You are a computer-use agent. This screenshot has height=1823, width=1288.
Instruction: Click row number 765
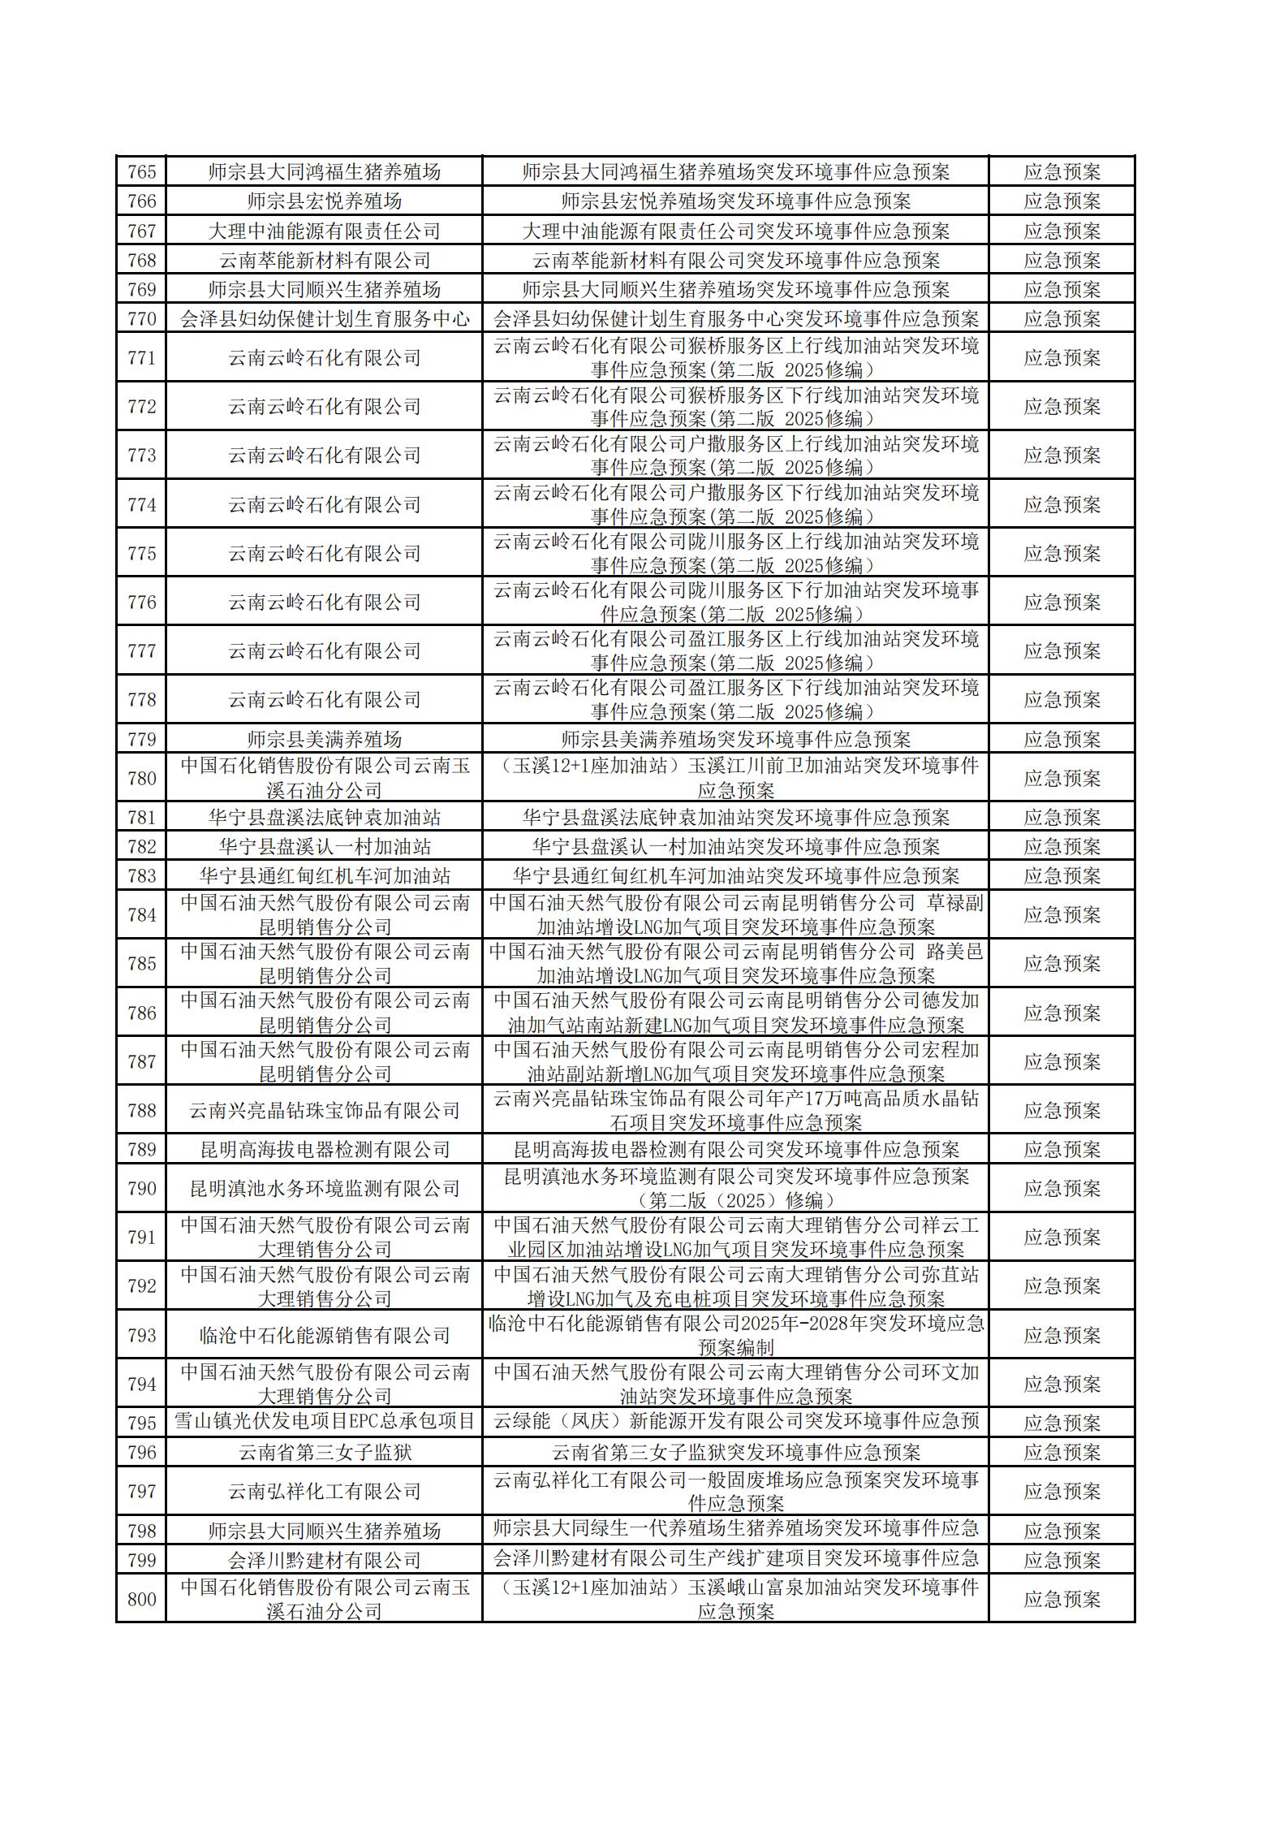coord(141,172)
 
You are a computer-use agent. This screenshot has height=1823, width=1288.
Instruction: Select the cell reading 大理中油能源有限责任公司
coord(324,231)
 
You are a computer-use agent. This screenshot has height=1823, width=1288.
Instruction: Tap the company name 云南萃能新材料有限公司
coord(324,261)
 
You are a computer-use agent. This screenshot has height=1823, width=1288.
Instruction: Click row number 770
coord(141,319)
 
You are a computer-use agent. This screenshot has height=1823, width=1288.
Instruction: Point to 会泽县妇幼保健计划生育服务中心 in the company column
coord(324,319)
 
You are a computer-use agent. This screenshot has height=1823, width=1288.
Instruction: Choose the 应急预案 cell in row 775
coord(1062,554)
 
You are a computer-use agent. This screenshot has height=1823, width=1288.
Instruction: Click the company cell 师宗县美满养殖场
coord(324,740)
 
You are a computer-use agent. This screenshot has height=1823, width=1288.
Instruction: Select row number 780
coord(141,779)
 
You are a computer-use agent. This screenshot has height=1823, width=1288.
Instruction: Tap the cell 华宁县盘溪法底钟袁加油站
coord(324,818)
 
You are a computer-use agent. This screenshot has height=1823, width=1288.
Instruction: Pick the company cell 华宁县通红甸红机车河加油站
coord(324,876)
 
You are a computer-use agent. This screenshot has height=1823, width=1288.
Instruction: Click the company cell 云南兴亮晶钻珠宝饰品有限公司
coord(324,1111)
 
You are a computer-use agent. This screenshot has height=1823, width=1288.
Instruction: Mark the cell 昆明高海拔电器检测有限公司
coord(324,1150)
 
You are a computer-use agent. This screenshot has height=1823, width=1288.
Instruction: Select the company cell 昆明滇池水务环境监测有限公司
coord(324,1189)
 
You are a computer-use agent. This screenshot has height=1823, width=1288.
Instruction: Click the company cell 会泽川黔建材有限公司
coord(324,1560)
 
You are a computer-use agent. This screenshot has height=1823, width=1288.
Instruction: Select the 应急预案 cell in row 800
coord(1062,1600)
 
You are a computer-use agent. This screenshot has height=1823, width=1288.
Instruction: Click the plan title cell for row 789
coord(735,1150)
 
